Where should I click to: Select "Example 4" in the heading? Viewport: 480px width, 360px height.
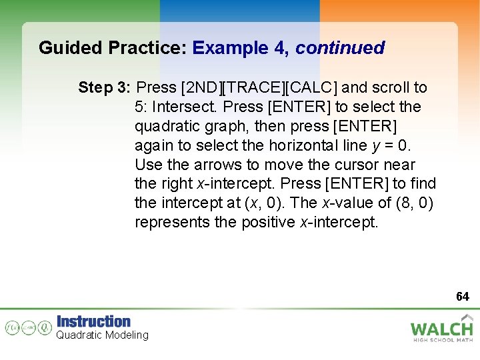click(x=239, y=49)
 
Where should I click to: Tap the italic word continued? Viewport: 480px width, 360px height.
click(x=340, y=49)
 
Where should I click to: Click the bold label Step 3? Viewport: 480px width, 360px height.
click(x=105, y=87)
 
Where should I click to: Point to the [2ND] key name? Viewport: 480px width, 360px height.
click(x=201, y=87)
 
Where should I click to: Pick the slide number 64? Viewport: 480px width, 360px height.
click(x=462, y=296)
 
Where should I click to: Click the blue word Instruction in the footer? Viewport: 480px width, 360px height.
click(x=94, y=321)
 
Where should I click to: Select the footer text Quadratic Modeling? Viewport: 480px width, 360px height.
click(x=102, y=335)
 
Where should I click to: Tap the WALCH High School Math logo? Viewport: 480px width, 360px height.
click(x=441, y=329)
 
